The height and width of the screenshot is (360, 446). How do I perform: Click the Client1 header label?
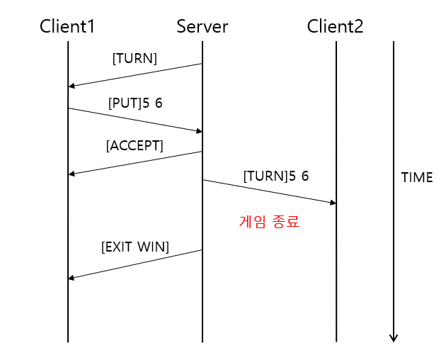click(68, 27)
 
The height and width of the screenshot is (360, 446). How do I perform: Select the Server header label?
click(202, 27)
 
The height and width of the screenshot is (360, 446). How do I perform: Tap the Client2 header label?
click(335, 27)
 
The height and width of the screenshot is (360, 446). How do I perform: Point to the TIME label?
click(417, 178)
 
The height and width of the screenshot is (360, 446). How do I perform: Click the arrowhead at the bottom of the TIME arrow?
click(394, 338)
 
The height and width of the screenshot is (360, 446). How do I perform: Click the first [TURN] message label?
click(135, 58)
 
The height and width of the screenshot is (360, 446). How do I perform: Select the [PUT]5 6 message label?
click(135, 103)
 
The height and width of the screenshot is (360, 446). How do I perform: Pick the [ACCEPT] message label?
click(135, 146)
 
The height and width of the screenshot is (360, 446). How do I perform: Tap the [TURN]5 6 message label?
click(276, 176)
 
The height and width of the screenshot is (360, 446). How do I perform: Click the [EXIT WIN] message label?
click(135, 247)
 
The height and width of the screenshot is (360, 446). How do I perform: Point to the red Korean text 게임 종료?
click(268, 221)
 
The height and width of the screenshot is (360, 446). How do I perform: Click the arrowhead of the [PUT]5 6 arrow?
click(199, 130)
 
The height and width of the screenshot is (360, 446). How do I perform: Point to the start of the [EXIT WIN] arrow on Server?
click(202, 249)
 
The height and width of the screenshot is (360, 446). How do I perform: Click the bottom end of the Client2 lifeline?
click(336, 342)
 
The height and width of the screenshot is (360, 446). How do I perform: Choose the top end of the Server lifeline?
click(202, 42)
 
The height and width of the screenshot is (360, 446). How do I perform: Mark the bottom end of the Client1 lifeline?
click(68, 342)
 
